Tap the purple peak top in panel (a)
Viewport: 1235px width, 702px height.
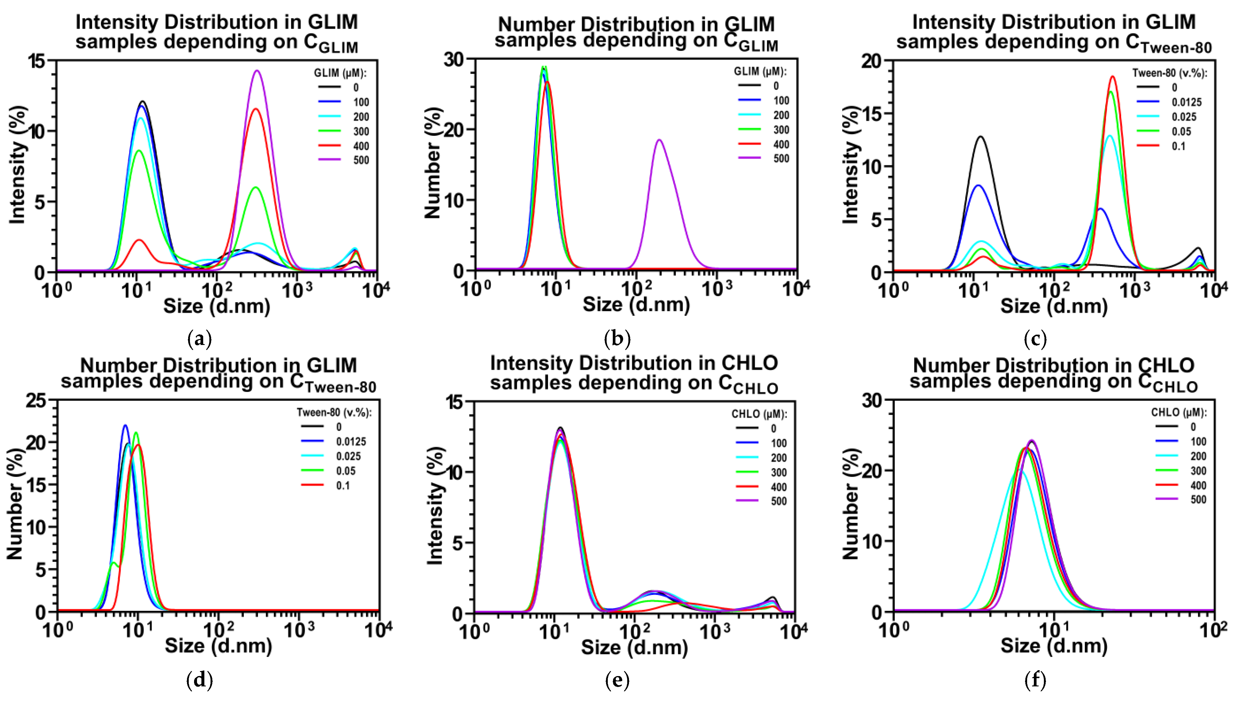click(257, 71)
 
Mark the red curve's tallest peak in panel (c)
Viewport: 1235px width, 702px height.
click(1113, 76)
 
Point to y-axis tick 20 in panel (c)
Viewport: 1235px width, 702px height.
click(871, 61)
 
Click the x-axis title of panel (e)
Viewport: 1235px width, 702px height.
click(634, 647)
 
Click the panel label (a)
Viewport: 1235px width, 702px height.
click(199, 339)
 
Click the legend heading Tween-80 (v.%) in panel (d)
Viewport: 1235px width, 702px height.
click(333, 412)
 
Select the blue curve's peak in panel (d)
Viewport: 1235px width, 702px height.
click(125, 425)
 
